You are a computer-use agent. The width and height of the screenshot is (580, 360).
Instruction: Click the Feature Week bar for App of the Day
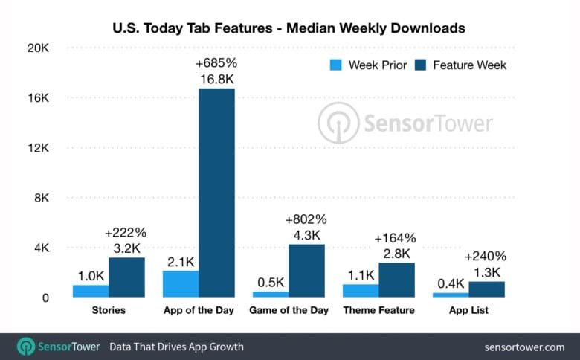point(216,193)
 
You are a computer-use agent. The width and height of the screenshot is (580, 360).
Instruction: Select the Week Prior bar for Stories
point(91,291)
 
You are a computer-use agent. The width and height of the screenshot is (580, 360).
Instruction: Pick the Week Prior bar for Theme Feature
point(360,290)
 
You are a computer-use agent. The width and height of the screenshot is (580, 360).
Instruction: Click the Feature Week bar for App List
point(486,289)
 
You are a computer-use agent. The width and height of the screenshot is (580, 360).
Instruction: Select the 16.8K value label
point(216,79)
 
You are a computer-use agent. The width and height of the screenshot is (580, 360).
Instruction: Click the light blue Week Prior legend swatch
point(335,65)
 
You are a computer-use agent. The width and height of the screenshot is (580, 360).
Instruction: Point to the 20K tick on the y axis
point(37,48)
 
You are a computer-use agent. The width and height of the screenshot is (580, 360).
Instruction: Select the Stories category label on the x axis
point(109,310)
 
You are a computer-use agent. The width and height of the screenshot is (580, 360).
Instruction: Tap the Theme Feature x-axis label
point(378,310)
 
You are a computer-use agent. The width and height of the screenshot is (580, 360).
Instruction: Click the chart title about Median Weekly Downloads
point(290,28)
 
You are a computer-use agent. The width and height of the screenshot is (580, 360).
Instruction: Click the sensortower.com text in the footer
point(524,347)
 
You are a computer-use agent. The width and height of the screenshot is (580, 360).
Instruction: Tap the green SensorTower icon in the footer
point(27,347)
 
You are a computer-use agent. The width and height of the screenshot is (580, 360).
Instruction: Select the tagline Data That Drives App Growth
point(176,347)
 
